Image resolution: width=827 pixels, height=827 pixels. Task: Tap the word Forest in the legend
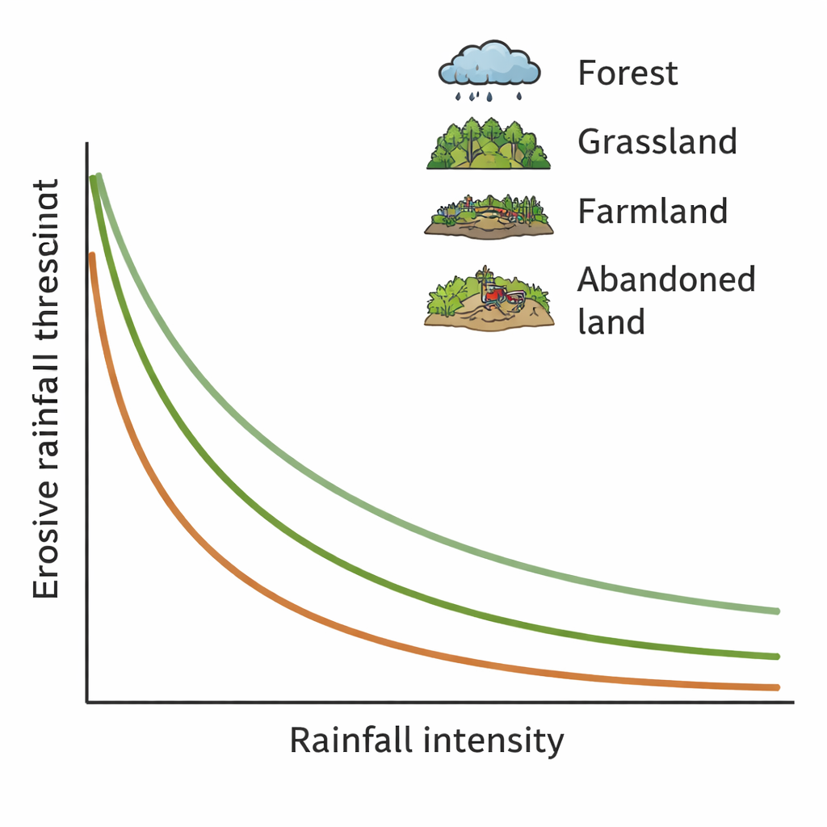point(628,73)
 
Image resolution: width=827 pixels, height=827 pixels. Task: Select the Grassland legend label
point(657,142)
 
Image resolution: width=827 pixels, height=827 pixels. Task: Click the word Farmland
point(653,212)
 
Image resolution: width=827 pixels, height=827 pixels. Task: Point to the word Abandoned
point(666,280)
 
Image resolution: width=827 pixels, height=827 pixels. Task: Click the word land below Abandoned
point(611,321)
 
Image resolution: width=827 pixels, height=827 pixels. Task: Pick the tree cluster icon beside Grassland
point(489,143)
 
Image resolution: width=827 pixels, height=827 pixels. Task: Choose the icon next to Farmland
point(489,214)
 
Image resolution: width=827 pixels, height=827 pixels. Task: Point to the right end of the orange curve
point(777,687)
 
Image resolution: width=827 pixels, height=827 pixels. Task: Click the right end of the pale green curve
point(777,611)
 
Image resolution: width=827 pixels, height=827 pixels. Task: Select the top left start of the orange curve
point(92,257)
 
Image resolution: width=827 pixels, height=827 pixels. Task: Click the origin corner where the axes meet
point(86,702)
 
